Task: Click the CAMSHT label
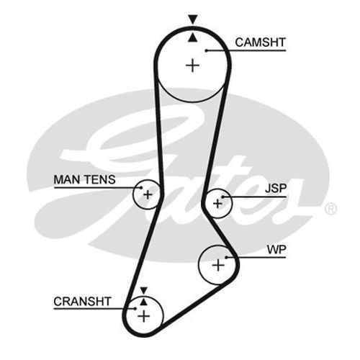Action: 260,42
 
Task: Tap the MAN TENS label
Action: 84,179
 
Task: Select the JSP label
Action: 276,189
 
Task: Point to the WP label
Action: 276,250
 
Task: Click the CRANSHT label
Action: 82,302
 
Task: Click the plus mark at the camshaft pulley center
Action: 193,66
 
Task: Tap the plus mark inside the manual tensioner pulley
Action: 148,194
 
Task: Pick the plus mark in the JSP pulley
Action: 217,204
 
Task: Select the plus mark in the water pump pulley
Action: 218,266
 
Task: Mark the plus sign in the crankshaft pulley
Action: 144,317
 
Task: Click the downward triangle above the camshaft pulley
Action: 193,19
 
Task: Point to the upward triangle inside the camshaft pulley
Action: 192,37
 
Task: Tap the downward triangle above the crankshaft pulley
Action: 143,290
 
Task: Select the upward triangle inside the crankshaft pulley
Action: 143,302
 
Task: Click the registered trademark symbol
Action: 330,209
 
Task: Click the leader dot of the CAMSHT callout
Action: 206,50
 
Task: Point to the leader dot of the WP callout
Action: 226,257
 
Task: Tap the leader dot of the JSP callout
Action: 222,197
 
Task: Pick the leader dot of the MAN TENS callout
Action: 141,188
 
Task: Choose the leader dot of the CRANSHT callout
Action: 135,309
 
